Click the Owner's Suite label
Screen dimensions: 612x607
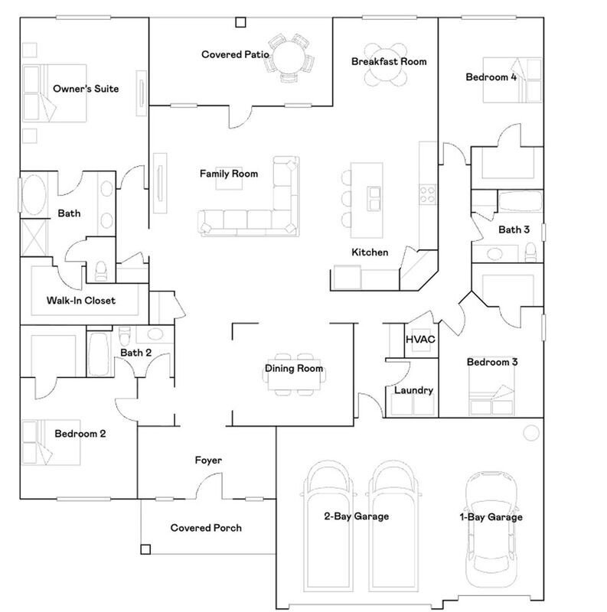[85, 89]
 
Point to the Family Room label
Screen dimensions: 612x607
[229, 174]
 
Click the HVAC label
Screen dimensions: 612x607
[419, 338]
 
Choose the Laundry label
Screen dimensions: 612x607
[413, 390]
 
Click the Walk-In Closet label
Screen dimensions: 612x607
[80, 301]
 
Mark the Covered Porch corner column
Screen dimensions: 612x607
[145, 548]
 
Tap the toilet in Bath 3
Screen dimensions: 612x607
[530, 252]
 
